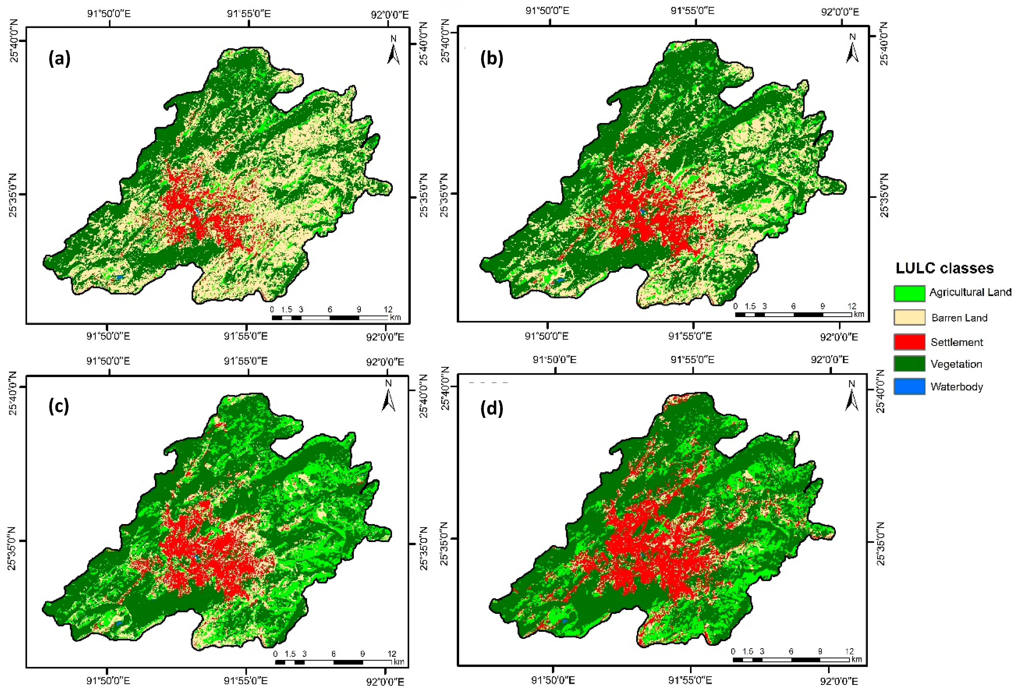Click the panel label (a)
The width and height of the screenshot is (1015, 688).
pos(59,58)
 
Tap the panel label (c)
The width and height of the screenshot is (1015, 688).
pos(58,406)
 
